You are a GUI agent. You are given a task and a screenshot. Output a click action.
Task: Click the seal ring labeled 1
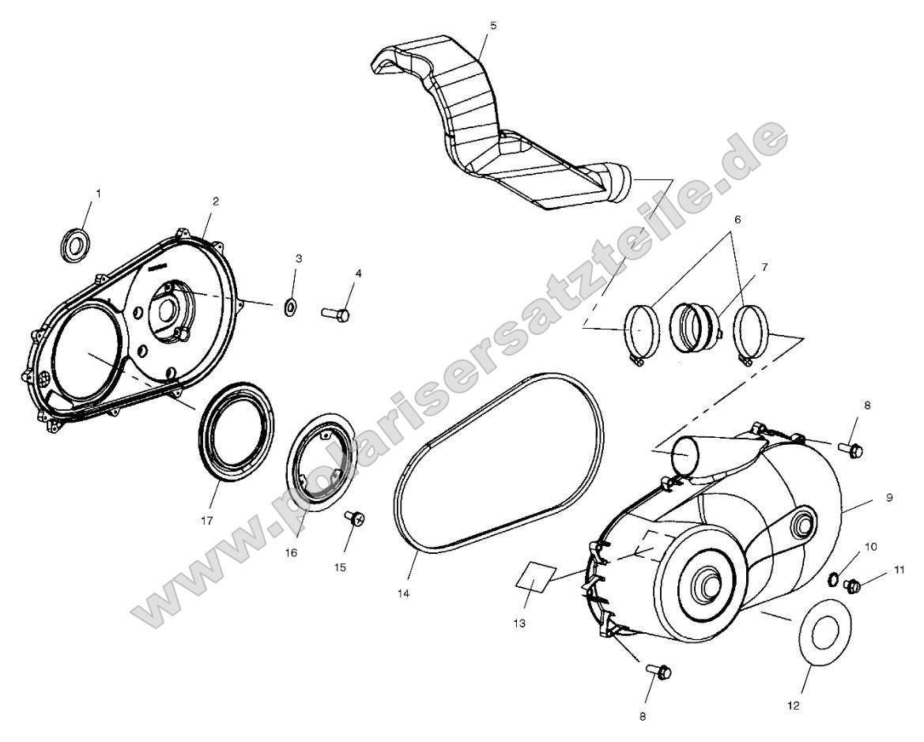pyautogui.click(x=75, y=243)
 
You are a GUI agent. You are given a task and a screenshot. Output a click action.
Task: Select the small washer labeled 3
pyautogui.click(x=291, y=306)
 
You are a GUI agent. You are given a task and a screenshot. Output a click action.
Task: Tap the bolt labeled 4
pyautogui.click(x=335, y=314)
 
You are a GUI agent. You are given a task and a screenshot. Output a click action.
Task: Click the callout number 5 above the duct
pyautogui.click(x=493, y=25)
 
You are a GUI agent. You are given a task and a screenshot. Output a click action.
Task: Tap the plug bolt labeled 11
pyautogui.click(x=852, y=586)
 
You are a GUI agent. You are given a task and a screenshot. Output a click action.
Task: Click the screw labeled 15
pyautogui.click(x=354, y=518)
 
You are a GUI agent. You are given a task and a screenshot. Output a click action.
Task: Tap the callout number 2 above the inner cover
pyautogui.click(x=215, y=202)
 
